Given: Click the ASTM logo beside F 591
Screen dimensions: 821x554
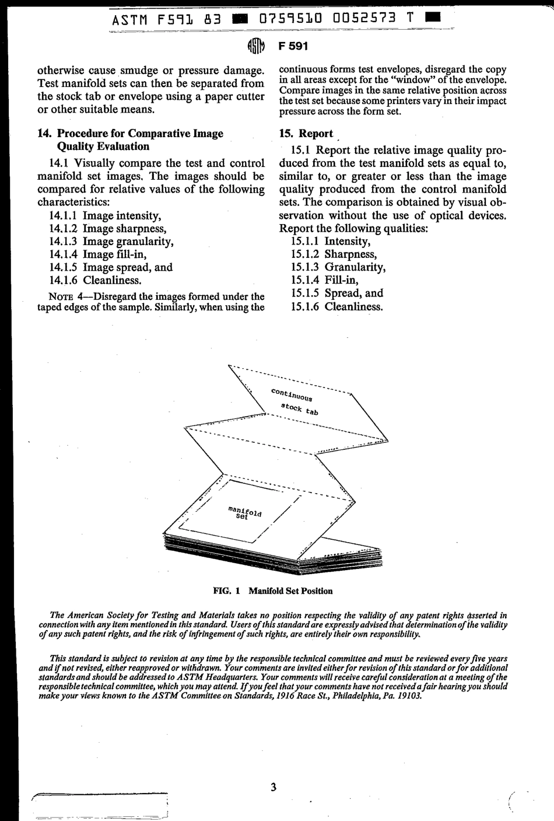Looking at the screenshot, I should click(257, 46).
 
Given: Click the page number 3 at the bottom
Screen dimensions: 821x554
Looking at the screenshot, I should click(274, 787).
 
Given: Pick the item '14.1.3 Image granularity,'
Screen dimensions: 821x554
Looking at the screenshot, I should click(111, 242).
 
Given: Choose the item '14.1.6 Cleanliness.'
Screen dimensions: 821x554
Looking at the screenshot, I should click(96, 280).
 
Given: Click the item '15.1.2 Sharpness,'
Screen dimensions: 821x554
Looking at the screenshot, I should click(334, 254).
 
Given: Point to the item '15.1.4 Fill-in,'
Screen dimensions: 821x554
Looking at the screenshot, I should click(325, 280).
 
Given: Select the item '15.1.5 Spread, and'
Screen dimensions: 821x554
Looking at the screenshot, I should click(337, 293).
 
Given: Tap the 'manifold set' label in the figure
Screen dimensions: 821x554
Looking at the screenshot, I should click(244, 513).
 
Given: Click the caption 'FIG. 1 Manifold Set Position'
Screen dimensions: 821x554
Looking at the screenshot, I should click(273, 591).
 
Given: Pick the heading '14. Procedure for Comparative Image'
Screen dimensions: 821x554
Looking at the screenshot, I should click(130, 134).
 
